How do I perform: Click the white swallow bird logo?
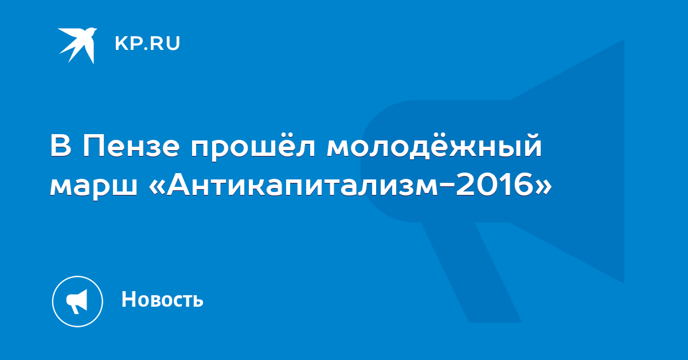pos(78,45)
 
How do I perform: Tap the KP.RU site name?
pos(147,44)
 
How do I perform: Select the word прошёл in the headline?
pos(253,147)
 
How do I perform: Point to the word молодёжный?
pos(434,146)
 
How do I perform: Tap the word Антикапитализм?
pos(302,184)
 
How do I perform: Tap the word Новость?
pos(162,299)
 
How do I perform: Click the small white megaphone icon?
pos(77,302)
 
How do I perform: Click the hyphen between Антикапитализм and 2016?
pos(447,186)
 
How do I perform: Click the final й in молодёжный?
pos(531,144)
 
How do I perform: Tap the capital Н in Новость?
pos(128,299)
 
